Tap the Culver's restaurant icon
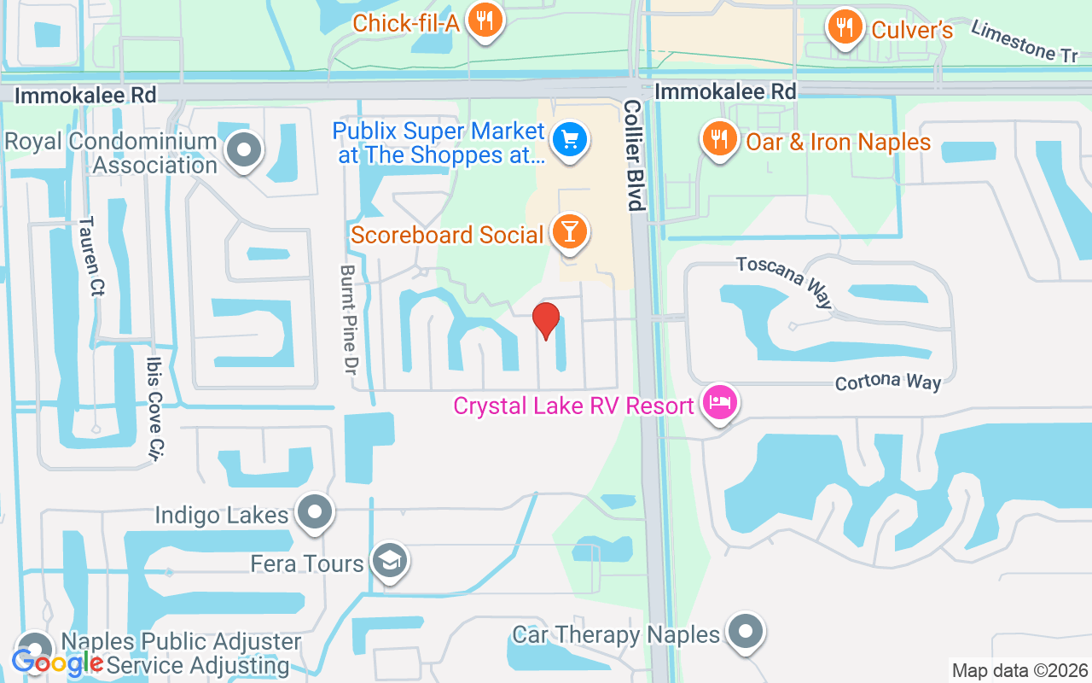[844, 28]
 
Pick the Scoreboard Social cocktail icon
[568, 232]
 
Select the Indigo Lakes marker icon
[316, 513]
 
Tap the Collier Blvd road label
[632, 155]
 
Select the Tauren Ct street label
[90, 255]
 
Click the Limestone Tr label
[1025, 42]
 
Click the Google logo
[57, 662]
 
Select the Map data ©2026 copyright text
[1019, 671]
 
